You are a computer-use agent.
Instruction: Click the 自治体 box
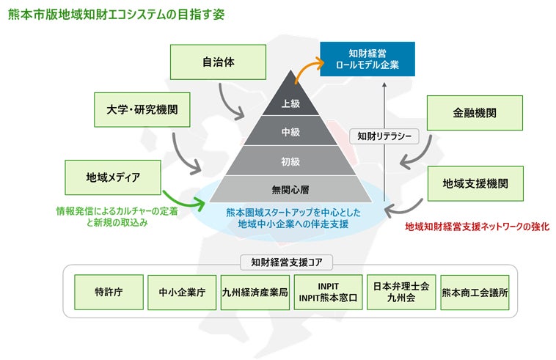(213, 62)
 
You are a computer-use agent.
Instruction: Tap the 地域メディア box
(113, 177)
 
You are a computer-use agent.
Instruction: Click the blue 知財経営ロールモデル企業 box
(367, 59)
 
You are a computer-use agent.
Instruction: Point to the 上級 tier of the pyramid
(291, 103)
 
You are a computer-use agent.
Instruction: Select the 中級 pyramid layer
(291, 132)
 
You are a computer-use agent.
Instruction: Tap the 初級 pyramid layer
(291, 161)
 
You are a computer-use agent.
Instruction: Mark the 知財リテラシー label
(384, 136)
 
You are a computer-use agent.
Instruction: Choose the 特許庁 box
(109, 292)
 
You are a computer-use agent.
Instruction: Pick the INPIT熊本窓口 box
(328, 292)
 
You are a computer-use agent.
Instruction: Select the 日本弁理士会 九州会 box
(401, 292)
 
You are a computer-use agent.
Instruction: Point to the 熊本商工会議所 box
(475, 292)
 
